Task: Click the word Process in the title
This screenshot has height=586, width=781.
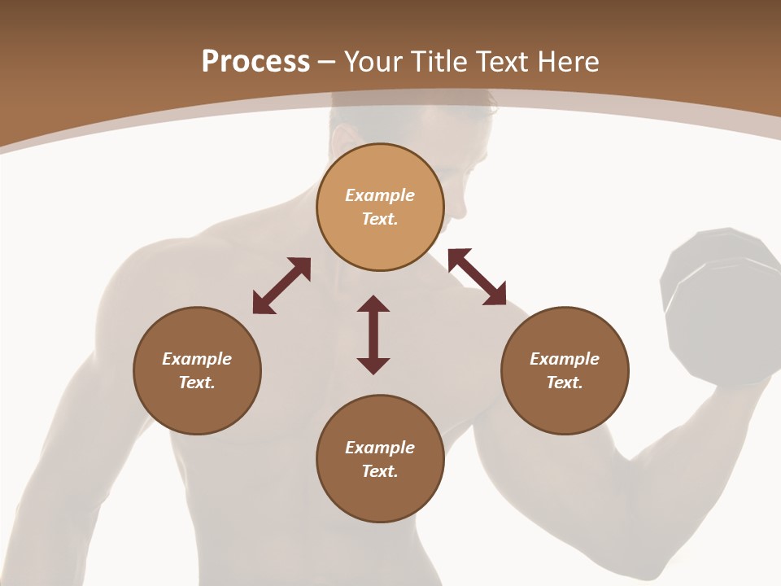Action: [x=255, y=62]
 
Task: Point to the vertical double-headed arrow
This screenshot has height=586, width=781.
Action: [x=373, y=335]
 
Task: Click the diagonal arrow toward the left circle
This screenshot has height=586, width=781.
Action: [x=281, y=285]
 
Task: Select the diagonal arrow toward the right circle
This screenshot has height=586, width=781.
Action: [x=477, y=277]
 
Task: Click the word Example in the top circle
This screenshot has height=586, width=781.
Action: [x=380, y=195]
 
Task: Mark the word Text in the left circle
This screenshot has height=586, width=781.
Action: [x=197, y=383]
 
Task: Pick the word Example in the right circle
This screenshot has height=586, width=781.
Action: [x=565, y=359]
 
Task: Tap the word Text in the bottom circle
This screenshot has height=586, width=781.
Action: [x=379, y=471]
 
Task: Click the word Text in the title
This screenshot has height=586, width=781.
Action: [x=502, y=62]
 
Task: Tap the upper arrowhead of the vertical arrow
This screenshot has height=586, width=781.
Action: [x=373, y=304]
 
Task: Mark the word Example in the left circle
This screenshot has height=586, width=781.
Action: [x=197, y=359]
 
